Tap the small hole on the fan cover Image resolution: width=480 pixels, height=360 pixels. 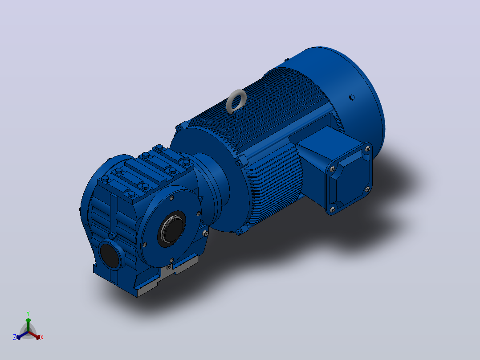click(x=352, y=98)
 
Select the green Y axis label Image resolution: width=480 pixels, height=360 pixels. click(x=28, y=313)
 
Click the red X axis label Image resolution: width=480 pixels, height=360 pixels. click(x=42, y=337)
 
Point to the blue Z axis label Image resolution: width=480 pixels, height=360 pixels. click(x=15, y=337)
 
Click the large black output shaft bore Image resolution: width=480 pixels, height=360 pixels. click(x=172, y=229)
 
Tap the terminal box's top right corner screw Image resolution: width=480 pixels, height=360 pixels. click(x=368, y=149)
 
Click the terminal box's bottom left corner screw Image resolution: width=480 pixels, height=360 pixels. click(x=333, y=209)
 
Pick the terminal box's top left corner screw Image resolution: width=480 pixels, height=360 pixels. click(x=333, y=169)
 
